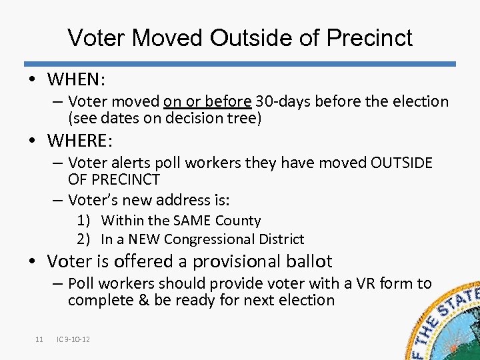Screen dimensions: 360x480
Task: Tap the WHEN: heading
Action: coord(76,79)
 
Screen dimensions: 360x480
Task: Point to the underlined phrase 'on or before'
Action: coord(207,101)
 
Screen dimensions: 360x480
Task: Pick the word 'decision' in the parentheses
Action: coord(182,119)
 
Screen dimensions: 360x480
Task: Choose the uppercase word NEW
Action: coord(145,239)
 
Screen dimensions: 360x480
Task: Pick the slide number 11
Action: coord(39,340)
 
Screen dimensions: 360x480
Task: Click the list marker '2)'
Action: coord(83,239)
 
